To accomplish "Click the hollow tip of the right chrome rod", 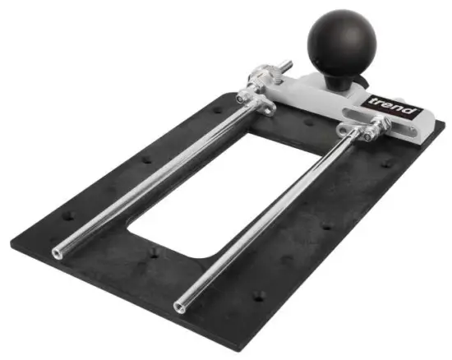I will coord(179,308).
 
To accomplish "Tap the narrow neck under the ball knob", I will coord(339,81).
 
